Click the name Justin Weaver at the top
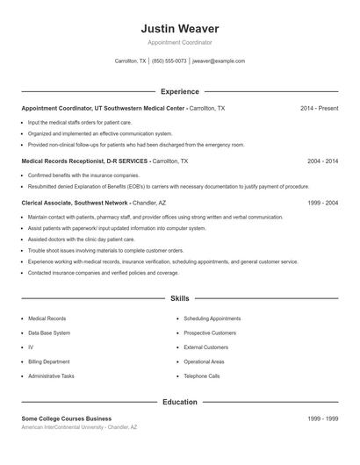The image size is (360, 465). (179, 28)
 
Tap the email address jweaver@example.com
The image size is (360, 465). (219, 61)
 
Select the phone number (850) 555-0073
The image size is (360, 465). (169, 61)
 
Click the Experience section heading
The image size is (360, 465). (179, 91)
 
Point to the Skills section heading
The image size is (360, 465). (179, 298)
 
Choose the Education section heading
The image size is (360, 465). (179, 402)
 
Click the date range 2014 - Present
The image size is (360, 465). (319, 108)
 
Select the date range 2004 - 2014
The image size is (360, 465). (322, 161)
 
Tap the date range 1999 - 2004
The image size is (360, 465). (322, 202)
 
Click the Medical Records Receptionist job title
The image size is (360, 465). (84, 161)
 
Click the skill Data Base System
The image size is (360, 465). (51, 333)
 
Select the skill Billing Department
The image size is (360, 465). (50, 361)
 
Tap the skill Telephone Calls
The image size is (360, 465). (202, 376)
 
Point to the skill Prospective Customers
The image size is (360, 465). (210, 333)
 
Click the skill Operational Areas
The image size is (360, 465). (205, 361)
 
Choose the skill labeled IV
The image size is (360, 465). (31, 347)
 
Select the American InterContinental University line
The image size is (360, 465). (79, 427)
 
